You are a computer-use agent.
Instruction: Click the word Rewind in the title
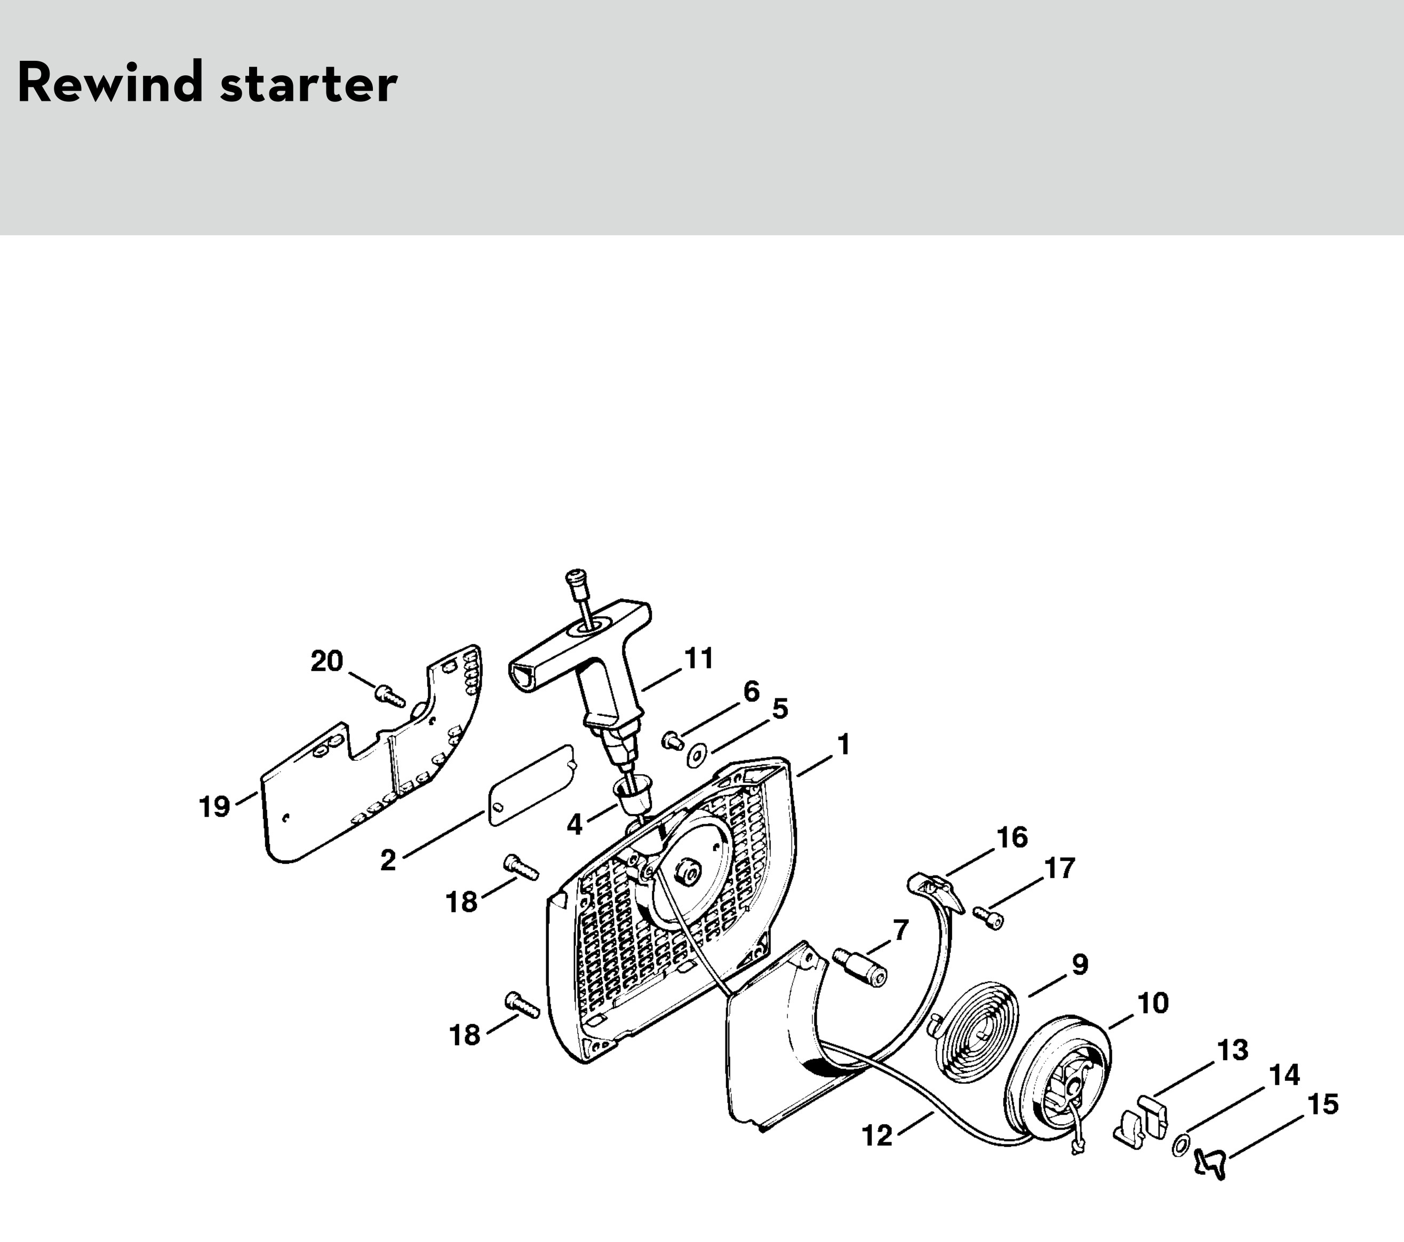(110, 83)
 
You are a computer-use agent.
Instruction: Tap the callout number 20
(327, 661)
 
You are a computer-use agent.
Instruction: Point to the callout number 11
(699, 659)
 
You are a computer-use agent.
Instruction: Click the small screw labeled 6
(671, 740)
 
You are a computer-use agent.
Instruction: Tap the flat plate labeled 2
(530, 784)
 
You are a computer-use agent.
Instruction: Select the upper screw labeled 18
(522, 866)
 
